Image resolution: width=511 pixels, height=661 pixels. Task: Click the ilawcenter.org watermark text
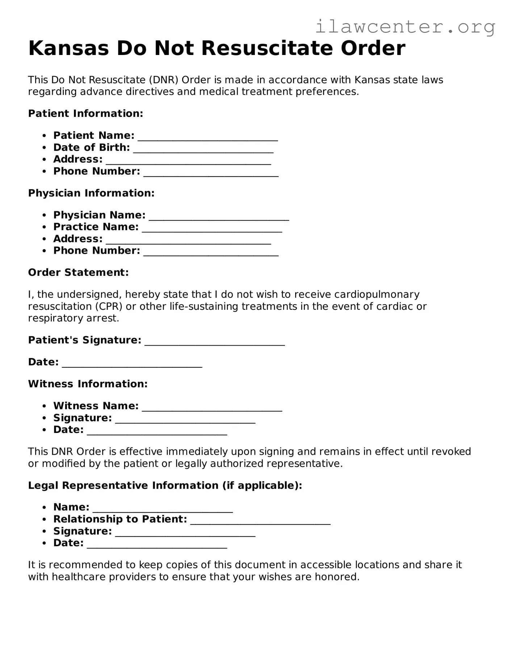coord(405,26)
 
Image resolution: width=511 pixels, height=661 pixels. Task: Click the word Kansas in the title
coord(68,48)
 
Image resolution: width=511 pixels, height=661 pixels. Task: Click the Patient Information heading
coord(86,114)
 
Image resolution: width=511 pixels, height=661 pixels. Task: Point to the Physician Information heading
coord(91,193)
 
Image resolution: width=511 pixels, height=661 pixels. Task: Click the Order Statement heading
coord(78,273)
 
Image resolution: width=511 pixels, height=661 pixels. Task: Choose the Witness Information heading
coord(88,384)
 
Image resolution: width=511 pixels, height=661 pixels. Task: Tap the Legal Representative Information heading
coord(165,485)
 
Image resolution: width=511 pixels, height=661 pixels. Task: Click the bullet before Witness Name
coord(44,407)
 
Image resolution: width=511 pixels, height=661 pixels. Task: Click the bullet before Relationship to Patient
coord(44,520)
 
